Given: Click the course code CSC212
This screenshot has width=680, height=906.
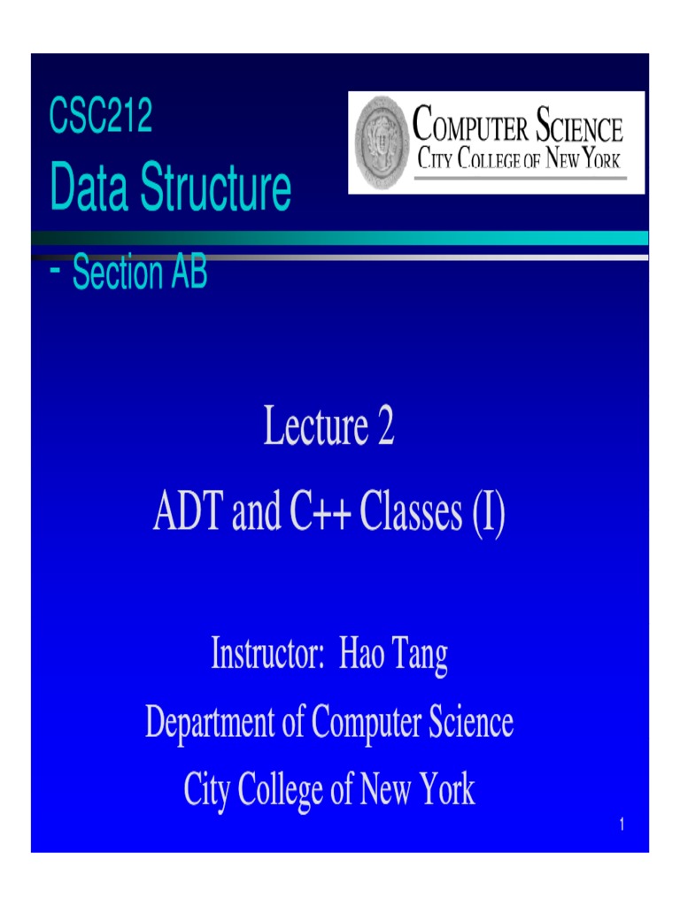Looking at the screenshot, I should [x=100, y=118].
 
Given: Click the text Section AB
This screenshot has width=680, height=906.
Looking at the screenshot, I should [x=140, y=273].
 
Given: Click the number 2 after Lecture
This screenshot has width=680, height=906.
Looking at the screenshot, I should [x=384, y=428].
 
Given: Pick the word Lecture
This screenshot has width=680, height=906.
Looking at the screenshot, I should [x=314, y=428].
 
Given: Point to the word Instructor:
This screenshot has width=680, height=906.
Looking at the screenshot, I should [x=267, y=656].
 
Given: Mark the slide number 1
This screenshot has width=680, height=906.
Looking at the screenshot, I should [x=622, y=825].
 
